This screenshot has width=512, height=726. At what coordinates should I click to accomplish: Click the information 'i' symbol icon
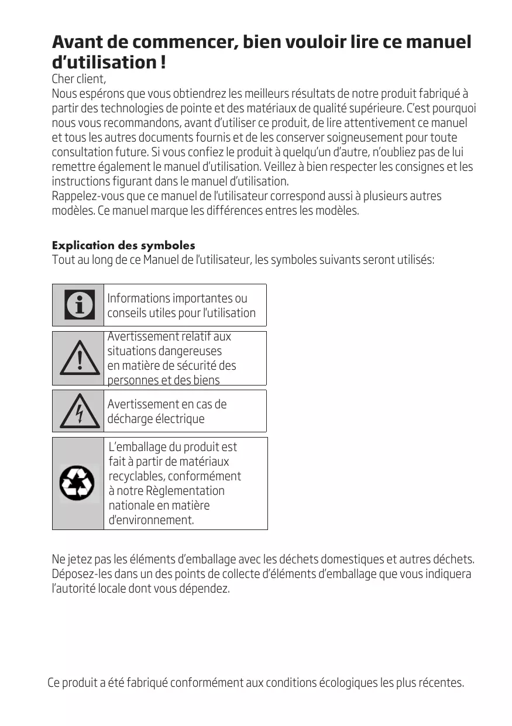78,305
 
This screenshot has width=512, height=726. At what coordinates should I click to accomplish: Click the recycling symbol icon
77,484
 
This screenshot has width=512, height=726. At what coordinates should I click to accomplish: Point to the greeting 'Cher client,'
79,79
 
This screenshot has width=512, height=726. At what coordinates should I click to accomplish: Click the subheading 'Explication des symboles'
123,245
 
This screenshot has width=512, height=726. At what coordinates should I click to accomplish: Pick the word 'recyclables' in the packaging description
137,476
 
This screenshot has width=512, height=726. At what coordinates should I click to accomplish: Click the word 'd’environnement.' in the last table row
151,520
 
